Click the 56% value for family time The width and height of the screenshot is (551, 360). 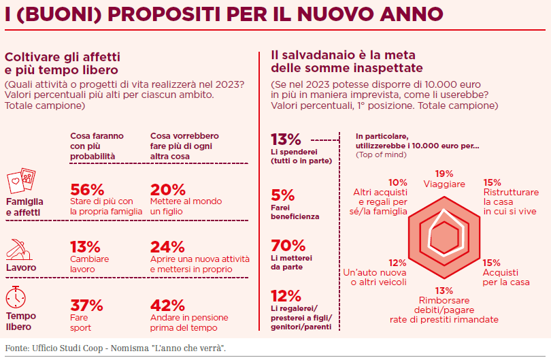[87, 189]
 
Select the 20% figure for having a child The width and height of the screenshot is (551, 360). [167, 189]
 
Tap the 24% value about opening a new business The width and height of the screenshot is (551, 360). [167, 246]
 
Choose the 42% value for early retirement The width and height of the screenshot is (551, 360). [167, 304]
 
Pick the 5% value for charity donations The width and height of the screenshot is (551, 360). [282, 195]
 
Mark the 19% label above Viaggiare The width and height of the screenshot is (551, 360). [444, 174]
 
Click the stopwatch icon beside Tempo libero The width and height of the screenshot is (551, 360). [16, 297]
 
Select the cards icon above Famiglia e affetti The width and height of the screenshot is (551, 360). [21, 181]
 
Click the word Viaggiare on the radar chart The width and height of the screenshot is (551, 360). [444, 184]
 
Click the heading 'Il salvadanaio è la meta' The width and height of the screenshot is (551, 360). [343, 54]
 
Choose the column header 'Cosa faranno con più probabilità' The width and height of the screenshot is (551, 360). [97, 146]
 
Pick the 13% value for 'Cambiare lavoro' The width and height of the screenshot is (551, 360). [86, 246]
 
